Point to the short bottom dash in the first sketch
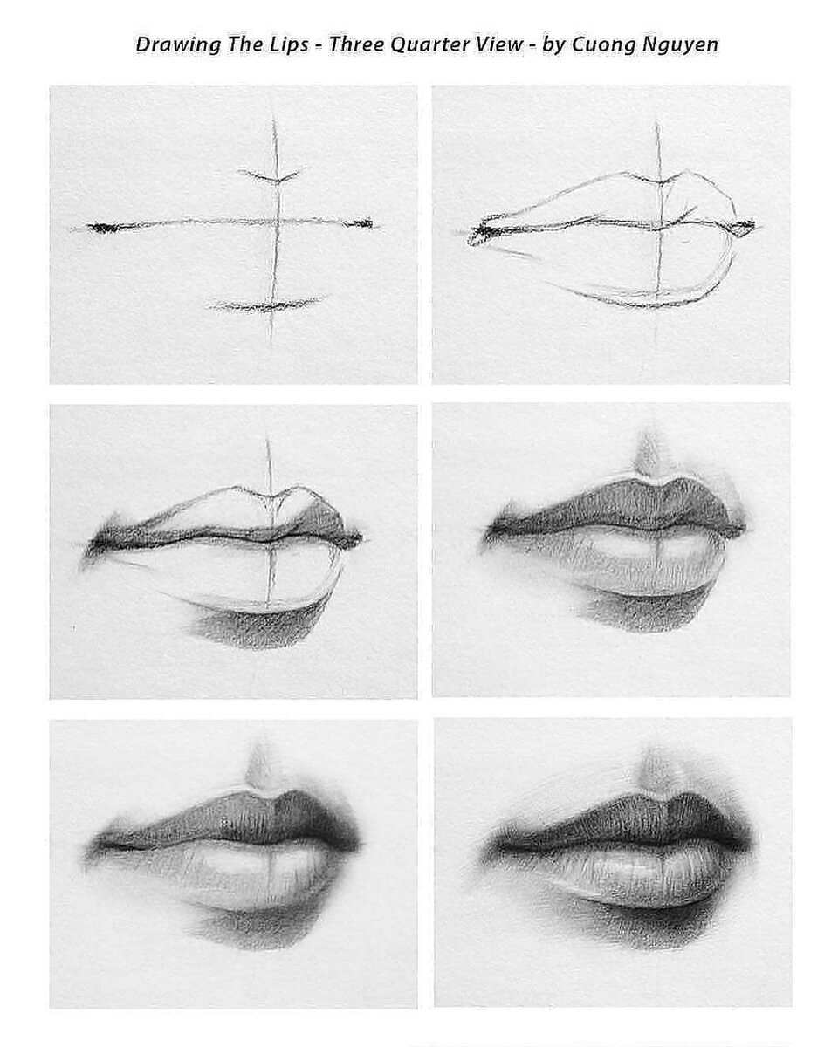266,305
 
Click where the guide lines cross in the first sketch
277,222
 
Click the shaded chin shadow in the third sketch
253,626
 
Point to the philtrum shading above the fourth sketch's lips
648,453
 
